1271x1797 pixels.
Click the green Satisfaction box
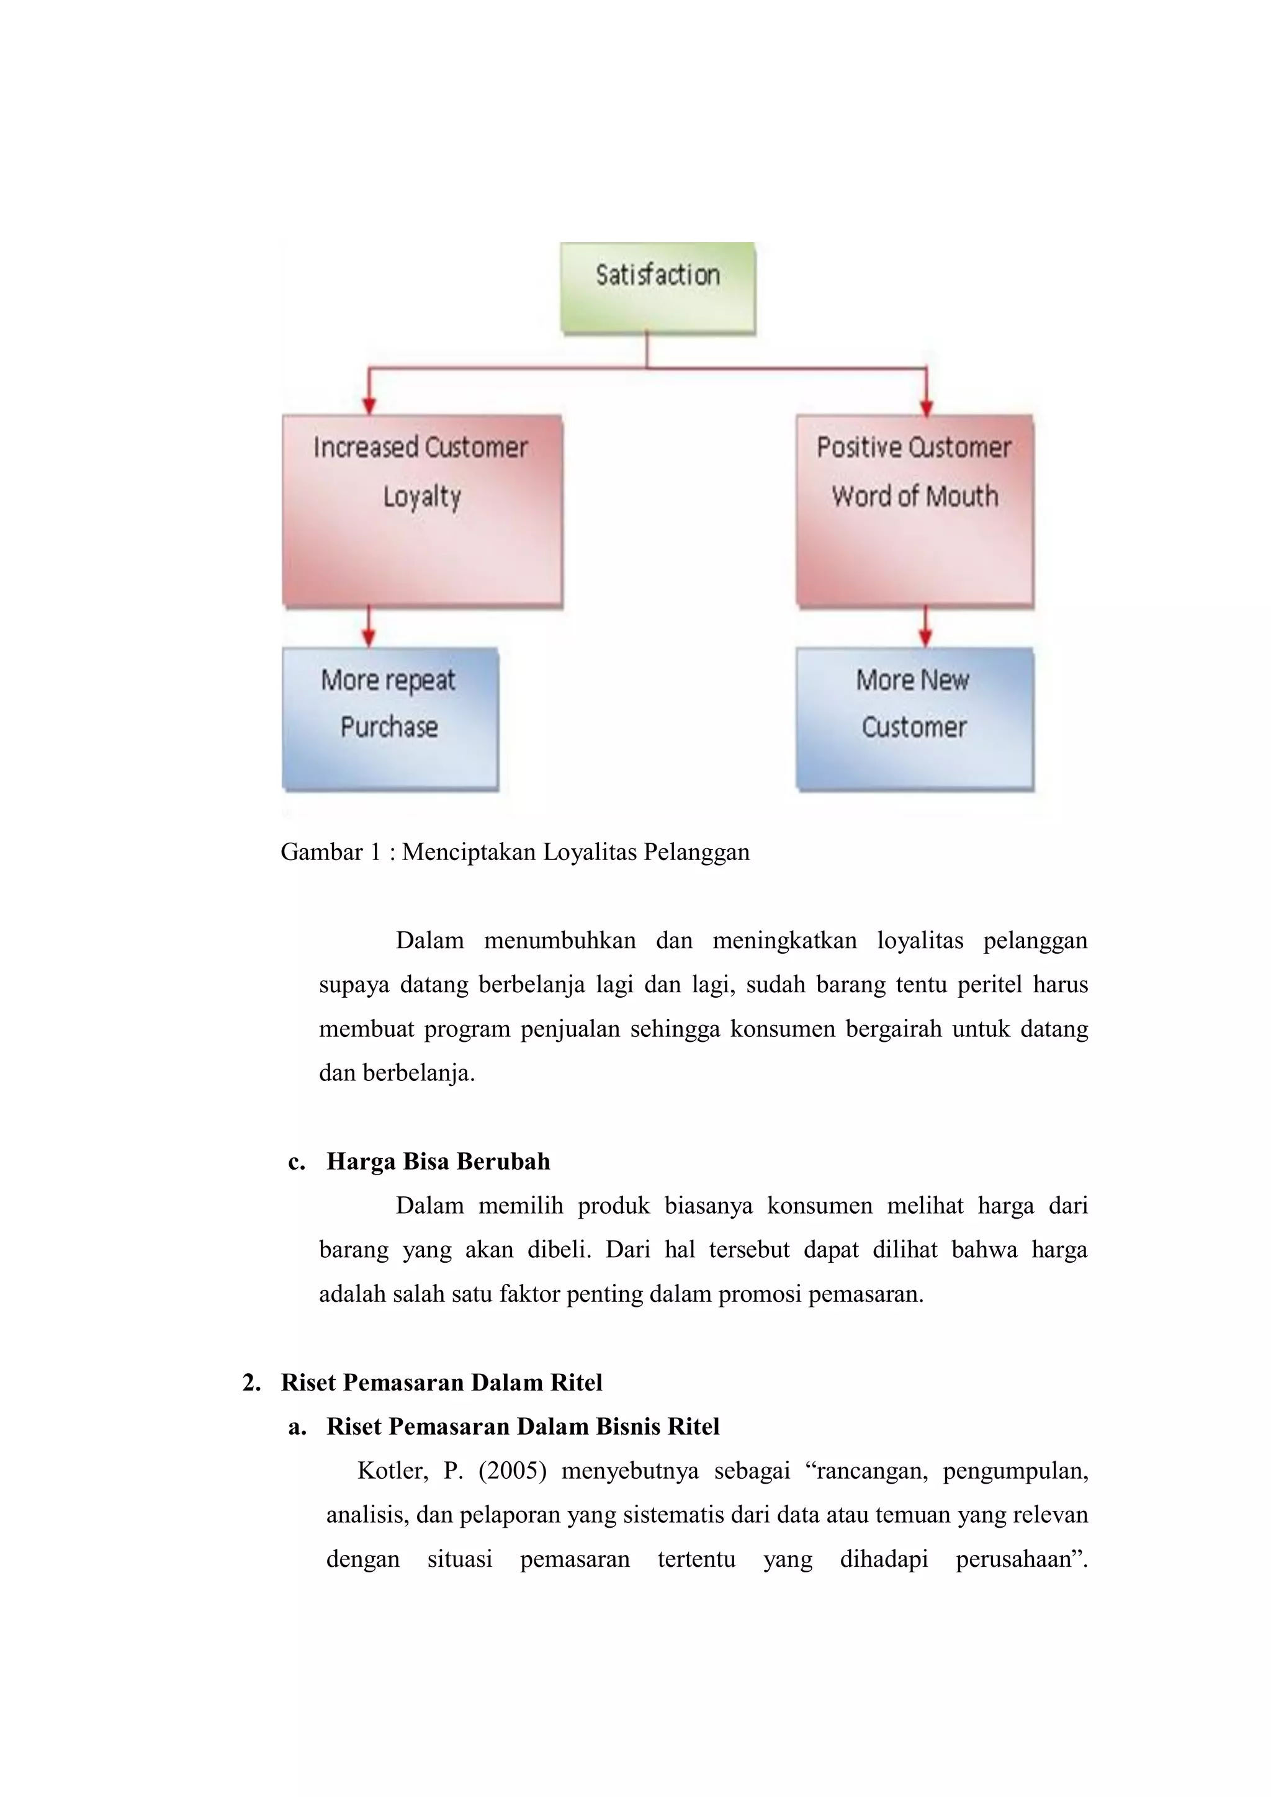[657, 287]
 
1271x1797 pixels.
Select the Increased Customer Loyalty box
[422, 510]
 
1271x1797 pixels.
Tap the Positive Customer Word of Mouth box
[914, 510]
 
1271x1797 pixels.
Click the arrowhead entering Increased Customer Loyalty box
[369, 405]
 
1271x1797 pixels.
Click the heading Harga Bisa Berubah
[438, 1162]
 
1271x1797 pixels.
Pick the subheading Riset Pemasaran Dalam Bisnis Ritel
[523, 1427]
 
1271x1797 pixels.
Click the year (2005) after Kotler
[512, 1471]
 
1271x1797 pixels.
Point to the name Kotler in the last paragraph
[392, 1471]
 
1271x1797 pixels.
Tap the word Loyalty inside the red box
[422, 497]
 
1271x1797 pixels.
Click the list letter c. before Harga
[297, 1162]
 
